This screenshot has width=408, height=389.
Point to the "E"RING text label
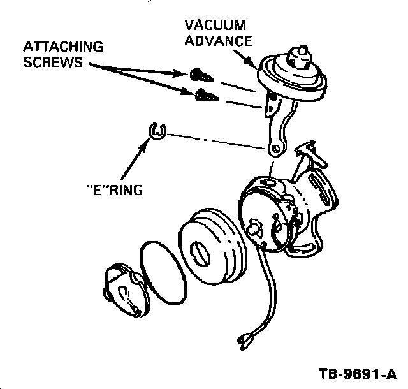pyautogui.click(x=113, y=189)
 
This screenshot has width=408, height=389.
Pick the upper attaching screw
pyautogui.click(x=198, y=75)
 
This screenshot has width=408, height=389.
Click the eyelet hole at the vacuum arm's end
pyautogui.click(x=275, y=149)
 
